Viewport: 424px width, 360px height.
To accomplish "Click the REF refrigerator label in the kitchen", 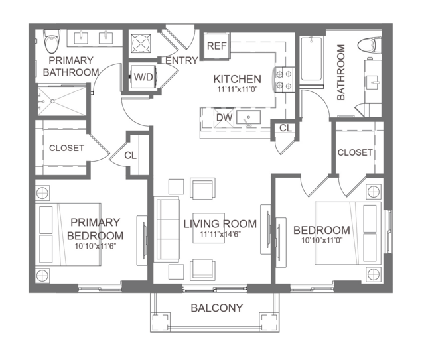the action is point(216,46).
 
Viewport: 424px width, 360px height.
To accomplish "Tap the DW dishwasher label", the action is point(224,117).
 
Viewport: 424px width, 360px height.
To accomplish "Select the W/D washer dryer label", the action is point(143,77).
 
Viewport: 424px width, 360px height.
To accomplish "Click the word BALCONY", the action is point(217,308).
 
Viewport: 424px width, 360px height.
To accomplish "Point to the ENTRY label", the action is point(182,60).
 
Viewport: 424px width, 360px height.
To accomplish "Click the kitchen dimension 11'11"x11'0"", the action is point(237,90).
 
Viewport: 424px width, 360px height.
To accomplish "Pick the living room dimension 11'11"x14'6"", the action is point(220,234).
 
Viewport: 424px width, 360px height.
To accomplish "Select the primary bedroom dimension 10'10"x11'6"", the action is point(96,246).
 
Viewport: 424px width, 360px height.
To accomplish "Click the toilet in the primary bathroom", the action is point(52,41).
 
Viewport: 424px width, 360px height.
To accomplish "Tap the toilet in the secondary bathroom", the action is point(369,45).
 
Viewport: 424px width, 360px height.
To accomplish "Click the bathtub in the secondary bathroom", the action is point(311,59).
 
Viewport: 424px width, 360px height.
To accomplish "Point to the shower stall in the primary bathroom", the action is point(62,101).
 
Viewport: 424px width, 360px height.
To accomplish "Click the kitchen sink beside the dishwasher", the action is point(249,117).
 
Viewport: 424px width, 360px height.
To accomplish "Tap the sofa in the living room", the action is point(167,229).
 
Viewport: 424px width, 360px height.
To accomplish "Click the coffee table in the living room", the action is point(209,228).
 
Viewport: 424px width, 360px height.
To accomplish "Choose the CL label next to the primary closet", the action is point(131,156).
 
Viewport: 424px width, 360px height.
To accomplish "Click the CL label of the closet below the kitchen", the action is point(285,128).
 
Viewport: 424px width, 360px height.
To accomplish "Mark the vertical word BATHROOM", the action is point(341,72).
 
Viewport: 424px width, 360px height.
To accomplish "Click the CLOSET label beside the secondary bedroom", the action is point(355,152).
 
